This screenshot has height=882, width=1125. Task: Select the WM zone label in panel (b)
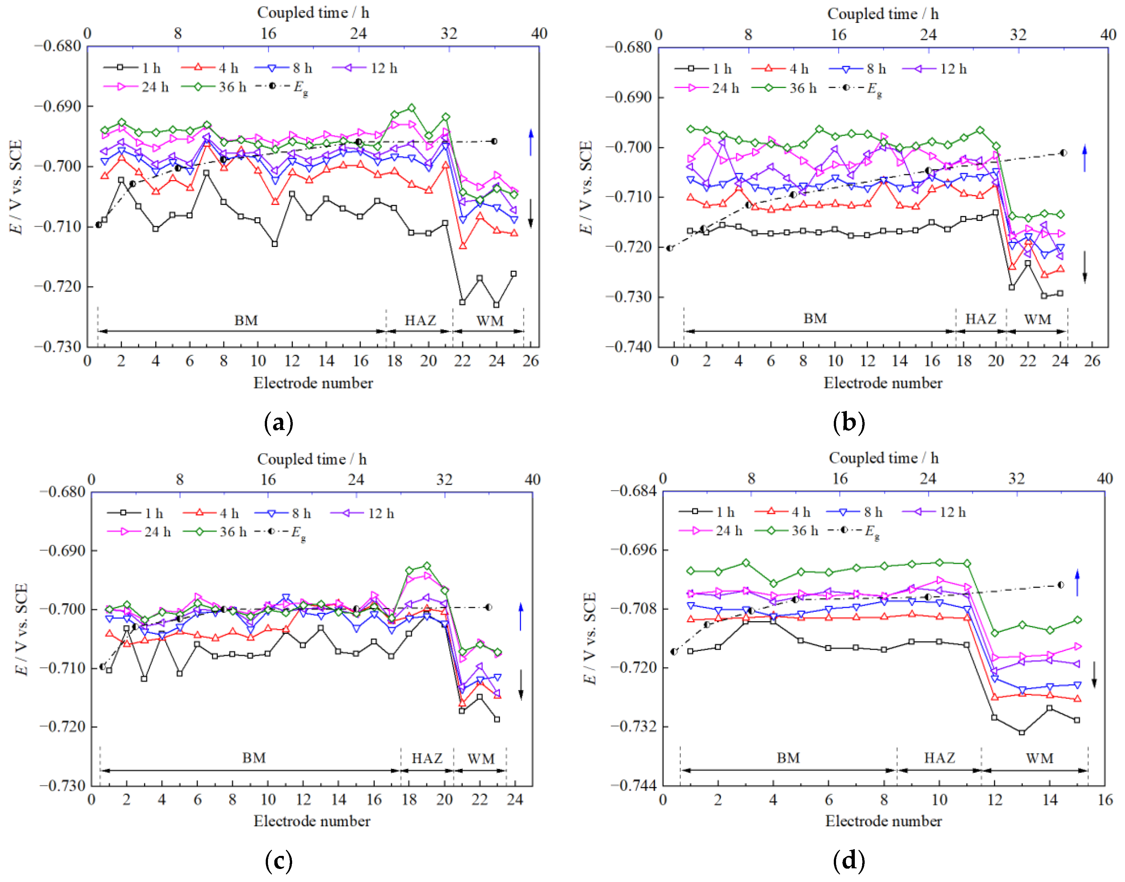pyautogui.click(x=1037, y=320)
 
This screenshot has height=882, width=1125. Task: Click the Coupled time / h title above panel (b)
pyautogui.click(x=882, y=14)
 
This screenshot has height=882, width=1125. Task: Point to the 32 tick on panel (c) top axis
pyautogui.click(x=444, y=480)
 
